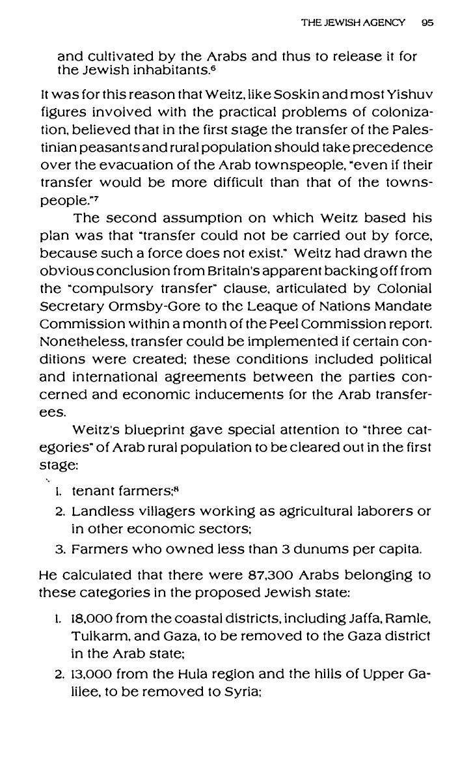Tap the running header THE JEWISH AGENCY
(x=353, y=22)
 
